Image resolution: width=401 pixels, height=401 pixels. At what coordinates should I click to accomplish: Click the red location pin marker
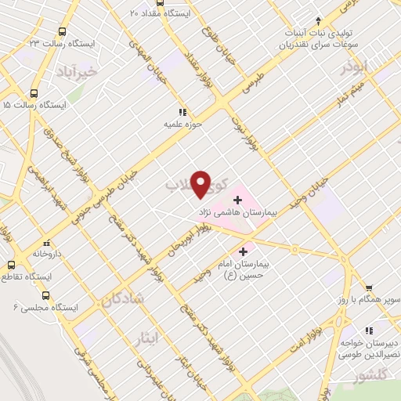202,183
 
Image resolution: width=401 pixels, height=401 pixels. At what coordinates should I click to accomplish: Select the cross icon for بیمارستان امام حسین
243,252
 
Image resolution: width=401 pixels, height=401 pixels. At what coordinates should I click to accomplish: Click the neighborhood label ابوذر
354,69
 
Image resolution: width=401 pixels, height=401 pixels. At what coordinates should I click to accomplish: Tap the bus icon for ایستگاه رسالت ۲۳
62,31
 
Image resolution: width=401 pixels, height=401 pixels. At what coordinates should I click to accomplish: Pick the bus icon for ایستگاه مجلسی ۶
45,296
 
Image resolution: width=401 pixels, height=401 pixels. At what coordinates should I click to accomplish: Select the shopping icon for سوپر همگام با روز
369,287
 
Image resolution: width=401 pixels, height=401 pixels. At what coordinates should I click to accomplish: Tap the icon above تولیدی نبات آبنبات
317,20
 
